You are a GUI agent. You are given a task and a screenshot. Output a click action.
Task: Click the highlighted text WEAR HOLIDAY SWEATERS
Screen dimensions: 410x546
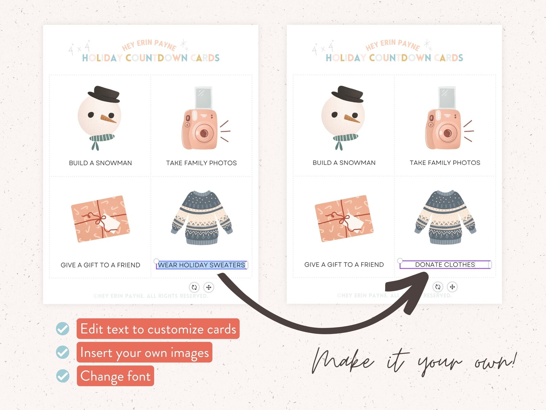[x=201, y=265]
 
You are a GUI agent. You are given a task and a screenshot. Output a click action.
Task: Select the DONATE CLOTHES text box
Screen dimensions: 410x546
[x=445, y=264]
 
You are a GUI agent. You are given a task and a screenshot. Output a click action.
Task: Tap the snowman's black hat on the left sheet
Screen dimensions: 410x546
[x=104, y=93]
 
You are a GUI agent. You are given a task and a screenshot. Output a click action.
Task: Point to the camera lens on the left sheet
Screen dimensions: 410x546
[x=204, y=133]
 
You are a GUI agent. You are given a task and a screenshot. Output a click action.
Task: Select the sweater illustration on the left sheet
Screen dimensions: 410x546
[x=202, y=218]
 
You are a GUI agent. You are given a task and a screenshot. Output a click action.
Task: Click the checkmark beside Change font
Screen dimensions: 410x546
[x=63, y=376]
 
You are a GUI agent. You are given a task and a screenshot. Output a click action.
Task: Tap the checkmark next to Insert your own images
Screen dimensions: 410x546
[x=63, y=352]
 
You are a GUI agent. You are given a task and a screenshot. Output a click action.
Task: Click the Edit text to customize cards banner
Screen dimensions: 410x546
[x=158, y=329]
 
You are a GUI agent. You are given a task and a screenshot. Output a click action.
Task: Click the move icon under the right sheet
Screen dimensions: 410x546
[x=452, y=287]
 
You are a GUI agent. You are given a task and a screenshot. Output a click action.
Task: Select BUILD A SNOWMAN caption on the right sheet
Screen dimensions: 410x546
[x=344, y=162]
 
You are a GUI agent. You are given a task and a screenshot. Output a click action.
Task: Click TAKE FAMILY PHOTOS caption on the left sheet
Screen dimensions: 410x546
[x=201, y=163]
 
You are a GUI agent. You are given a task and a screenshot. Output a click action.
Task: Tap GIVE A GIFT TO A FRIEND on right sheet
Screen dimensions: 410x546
[x=344, y=264]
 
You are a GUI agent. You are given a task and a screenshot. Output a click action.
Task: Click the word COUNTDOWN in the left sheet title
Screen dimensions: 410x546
[x=156, y=58]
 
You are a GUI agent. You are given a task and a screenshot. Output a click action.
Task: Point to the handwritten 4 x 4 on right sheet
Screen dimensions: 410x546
[x=322, y=49]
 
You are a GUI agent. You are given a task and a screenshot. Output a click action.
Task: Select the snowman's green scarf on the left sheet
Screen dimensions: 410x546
[x=101, y=138]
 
